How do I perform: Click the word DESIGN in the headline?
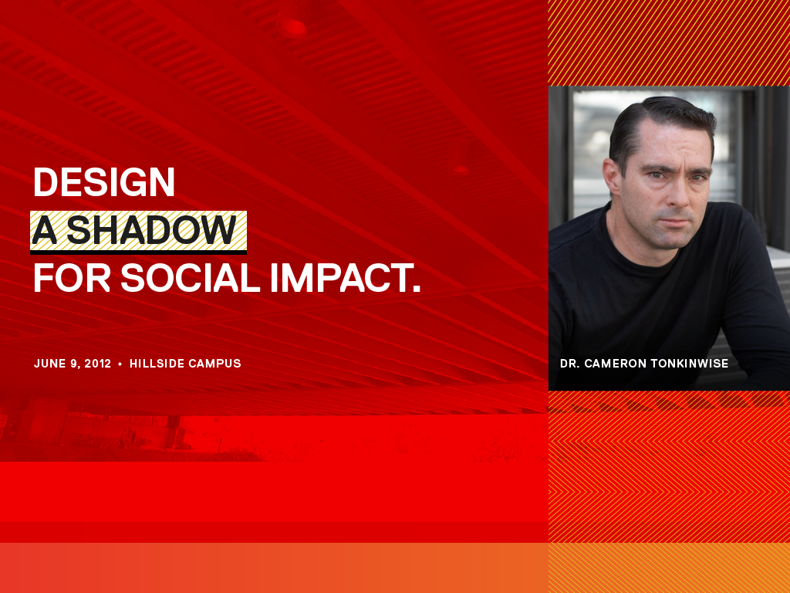pos(104,182)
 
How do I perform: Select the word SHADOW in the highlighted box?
pos(152,230)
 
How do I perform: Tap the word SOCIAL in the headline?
pos(190,278)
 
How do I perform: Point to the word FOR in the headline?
pos(72,278)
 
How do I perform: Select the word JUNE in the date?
pos(50,364)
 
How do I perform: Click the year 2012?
pos(98,364)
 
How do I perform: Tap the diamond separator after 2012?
pos(120,364)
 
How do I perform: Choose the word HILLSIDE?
pos(156,364)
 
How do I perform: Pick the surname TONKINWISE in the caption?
pos(689,364)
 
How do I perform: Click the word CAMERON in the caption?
pos(615,364)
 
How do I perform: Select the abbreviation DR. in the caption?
pos(570,364)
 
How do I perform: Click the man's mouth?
pos(675,222)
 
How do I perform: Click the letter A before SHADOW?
pos(44,230)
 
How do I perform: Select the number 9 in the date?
pos(75,364)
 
